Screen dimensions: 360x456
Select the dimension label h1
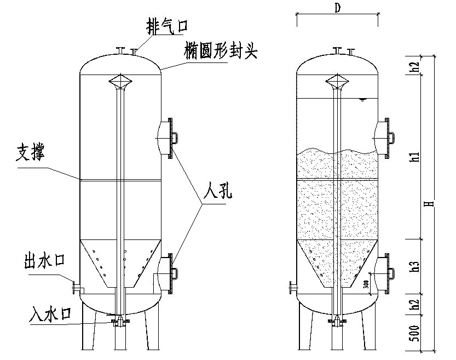pyautogui.click(x=417, y=157)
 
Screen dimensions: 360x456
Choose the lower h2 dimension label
pyautogui.click(x=417, y=306)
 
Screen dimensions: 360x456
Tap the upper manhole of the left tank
pyautogui.click(x=167, y=138)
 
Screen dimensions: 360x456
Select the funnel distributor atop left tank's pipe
pyautogui.click(x=121, y=83)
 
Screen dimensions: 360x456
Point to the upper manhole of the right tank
pyautogui.click(x=383, y=137)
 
